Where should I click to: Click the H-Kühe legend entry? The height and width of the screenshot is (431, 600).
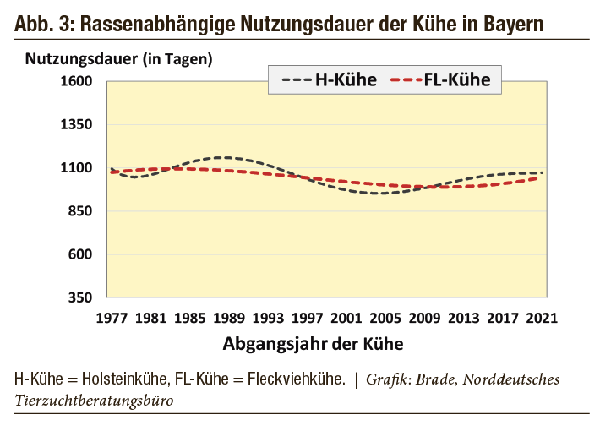(330, 81)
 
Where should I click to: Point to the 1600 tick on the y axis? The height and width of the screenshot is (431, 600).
(83, 81)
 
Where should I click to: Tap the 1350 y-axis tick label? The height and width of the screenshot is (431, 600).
(83, 124)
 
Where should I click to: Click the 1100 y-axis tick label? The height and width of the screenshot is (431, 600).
(83, 167)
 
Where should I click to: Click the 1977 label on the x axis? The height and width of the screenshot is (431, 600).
(112, 318)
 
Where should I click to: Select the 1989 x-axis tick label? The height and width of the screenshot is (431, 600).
(228, 318)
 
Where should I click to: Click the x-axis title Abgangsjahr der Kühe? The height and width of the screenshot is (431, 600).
(313, 344)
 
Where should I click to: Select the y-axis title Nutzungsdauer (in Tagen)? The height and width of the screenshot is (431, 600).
(118, 59)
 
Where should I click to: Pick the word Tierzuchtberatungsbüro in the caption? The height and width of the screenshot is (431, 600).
(94, 401)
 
